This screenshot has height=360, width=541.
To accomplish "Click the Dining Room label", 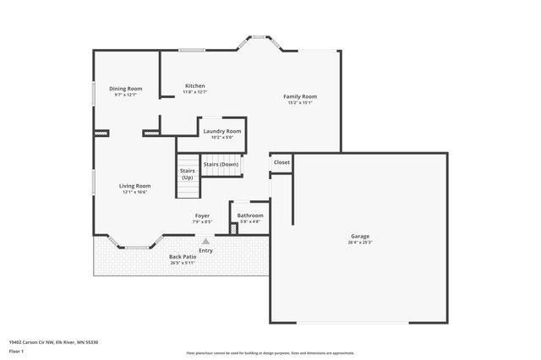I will [125, 89].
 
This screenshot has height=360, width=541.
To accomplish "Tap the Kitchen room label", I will [195, 85].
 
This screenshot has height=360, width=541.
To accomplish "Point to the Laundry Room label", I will [222, 131].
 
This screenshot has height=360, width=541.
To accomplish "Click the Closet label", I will [281, 162].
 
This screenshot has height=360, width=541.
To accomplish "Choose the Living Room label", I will [134, 186].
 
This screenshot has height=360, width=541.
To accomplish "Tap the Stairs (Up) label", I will [187, 174].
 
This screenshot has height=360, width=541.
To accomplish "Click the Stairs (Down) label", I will [221, 164].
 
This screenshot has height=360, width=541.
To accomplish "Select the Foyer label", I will [203, 215].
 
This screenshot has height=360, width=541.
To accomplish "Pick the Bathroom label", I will [250, 215].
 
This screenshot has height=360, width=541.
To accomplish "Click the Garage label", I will [360, 236].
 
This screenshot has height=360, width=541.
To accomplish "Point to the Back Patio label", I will [182, 256].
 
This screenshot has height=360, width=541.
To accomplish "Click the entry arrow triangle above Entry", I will [205, 242].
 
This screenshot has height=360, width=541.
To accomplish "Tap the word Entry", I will [205, 250].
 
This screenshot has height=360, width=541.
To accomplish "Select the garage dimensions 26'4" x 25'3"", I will [360, 243].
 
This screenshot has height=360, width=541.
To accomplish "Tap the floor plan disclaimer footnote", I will [271, 353].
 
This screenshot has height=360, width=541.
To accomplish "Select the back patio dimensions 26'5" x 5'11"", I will [182, 263].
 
